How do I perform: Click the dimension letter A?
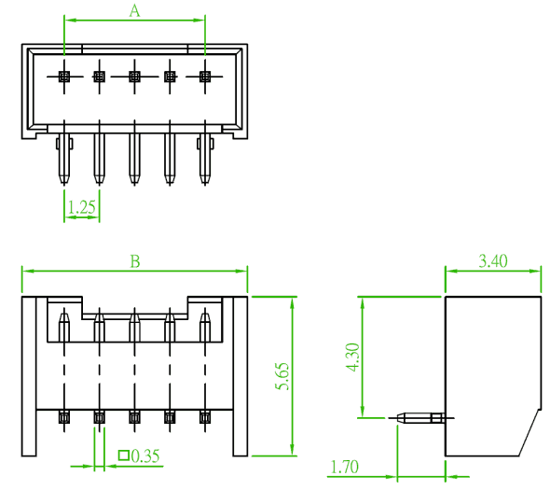[x=134, y=10]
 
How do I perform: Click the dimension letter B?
[x=135, y=261]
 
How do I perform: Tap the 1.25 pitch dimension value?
[x=81, y=207]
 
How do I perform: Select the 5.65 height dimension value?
[x=282, y=376]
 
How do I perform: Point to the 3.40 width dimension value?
[x=493, y=261]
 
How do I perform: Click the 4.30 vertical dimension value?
[x=352, y=357]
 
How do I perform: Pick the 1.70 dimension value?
[x=345, y=467]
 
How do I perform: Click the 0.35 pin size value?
[x=145, y=455]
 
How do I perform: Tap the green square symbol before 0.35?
[x=123, y=455]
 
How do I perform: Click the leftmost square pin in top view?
[x=63, y=77]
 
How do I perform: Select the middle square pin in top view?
[x=134, y=77]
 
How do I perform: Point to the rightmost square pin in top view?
[x=205, y=77]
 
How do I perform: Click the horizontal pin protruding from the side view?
[x=421, y=418]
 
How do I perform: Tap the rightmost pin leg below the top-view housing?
[x=205, y=159]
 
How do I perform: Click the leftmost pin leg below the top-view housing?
[x=63, y=159]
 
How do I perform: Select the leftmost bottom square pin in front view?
[x=63, y=417]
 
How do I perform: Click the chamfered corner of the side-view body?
[x=530, y=432]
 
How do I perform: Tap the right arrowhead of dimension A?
[x=199, y=20]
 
